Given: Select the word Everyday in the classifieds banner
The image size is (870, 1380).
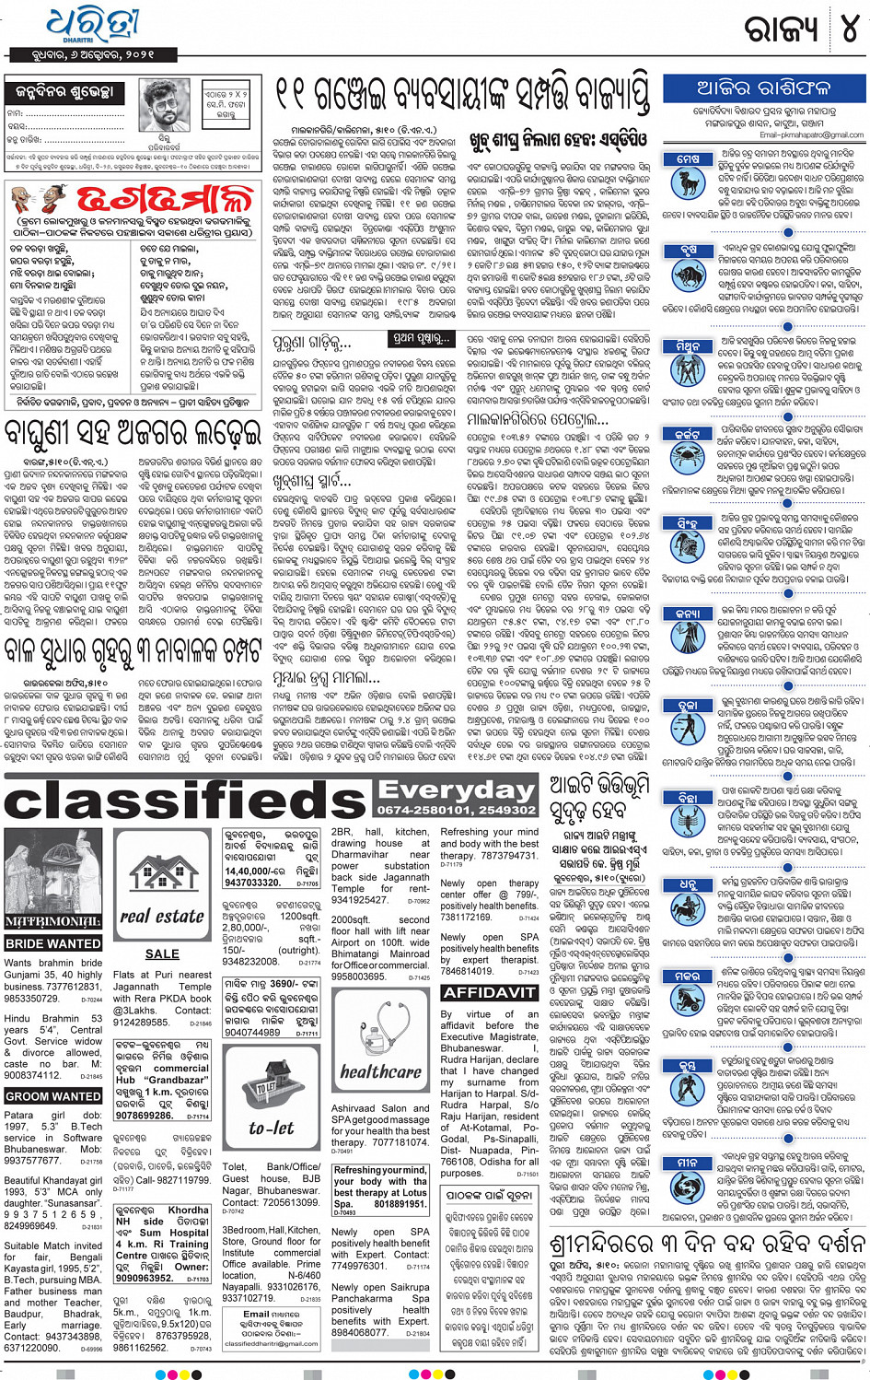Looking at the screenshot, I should coord(456,790).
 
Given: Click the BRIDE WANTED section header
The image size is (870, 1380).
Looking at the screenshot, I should coord(53,943).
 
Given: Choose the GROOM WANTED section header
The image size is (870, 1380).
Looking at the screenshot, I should coord(53,1096).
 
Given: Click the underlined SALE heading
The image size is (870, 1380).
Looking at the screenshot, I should coord(162,953).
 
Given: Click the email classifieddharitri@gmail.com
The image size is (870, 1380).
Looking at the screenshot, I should coord(272,1343).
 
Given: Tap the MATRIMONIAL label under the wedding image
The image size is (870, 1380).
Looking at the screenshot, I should coord(53,921).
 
